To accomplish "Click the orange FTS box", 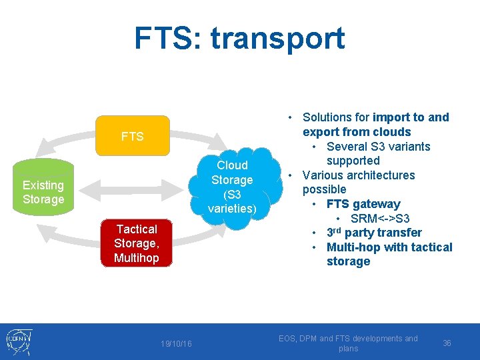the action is point(132,137).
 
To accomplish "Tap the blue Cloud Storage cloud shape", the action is point(232,187).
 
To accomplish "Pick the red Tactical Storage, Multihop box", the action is point(136,243).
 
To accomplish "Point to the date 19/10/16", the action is point(176,343).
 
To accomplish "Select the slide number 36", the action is point(447,343).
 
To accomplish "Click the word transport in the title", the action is point(278,38).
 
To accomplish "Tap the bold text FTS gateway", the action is point(363,204).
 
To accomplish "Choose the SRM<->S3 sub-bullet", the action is point(380,219).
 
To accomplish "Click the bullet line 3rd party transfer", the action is point(374,233).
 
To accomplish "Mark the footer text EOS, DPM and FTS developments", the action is point(348,339).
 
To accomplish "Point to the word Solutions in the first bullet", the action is point(329,117).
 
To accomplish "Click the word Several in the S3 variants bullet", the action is point(348,147).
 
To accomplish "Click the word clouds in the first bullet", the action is point(393,132).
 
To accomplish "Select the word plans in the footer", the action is point(348,349).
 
